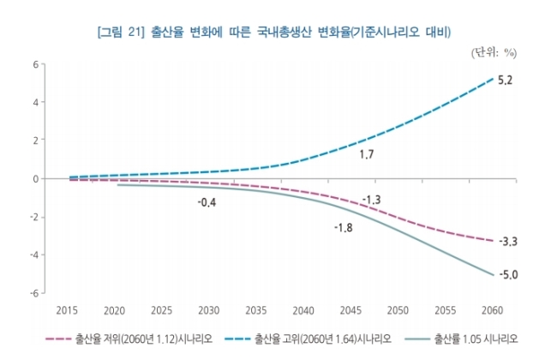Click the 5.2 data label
[505, 81]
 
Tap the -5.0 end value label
[509, 274]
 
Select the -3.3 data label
[508, 242]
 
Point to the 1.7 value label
[366, 154]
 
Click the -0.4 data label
[207, 202]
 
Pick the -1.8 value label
[344, 228]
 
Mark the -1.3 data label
[372, 200]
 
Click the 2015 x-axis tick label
[67, 310]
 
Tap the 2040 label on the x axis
[303, 310]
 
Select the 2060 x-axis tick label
[493, 310]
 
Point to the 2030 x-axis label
[209, 310]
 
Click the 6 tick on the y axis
[35, 64]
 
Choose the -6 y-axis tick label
[34, 293]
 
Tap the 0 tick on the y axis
[35, 179]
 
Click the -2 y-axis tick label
[34, 217]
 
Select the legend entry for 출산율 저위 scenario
[129, 339]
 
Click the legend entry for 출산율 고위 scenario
[308, 339]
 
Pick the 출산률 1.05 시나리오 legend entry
[461, 339]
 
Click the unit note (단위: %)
[494, 53]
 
